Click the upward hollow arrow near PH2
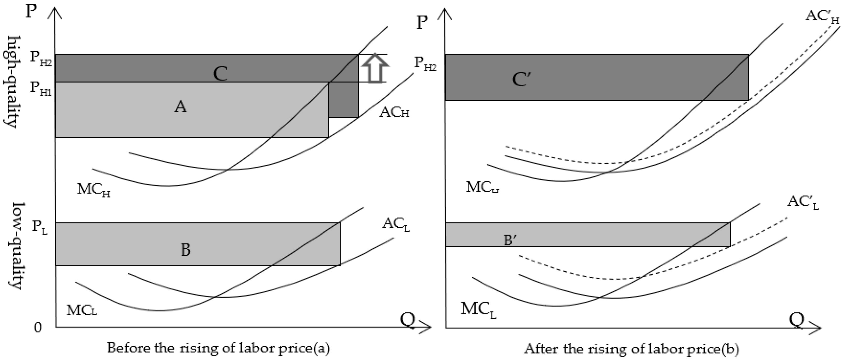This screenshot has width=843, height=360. click(375, 68)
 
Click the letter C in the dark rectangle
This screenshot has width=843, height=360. click(220, 74)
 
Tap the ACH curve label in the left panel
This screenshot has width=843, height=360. click(394, 113)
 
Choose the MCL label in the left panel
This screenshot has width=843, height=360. click(82, 310)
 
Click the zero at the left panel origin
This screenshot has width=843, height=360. click(38, 327)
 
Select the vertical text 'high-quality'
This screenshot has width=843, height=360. click(11, 82)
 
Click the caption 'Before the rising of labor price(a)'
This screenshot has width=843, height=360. click(218, 348)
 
